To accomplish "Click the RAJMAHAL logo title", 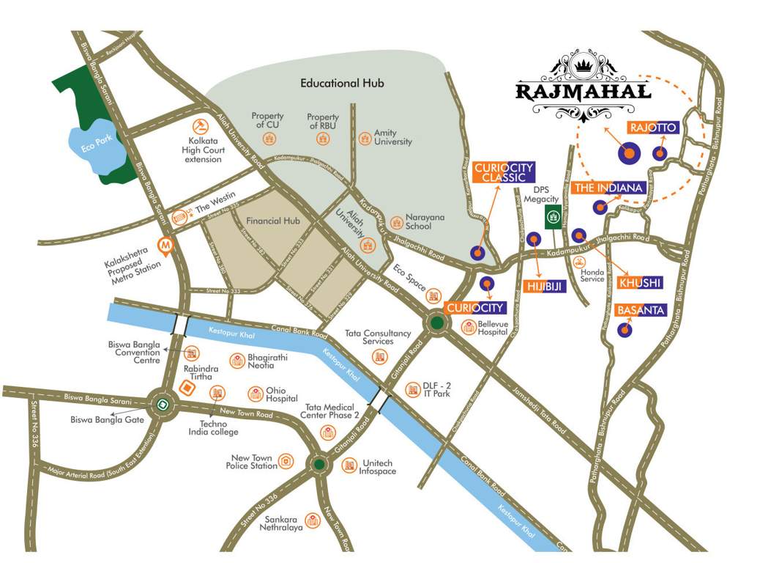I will click(583, 92).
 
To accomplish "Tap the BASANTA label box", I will click(641, 311).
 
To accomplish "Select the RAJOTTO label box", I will click(653, 128).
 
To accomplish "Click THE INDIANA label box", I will click(608, 188).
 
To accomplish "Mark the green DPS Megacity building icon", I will click(554, 217).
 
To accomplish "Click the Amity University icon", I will click(365, 137).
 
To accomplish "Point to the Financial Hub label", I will click(274, 221).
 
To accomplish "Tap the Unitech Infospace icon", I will click(349, 466).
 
